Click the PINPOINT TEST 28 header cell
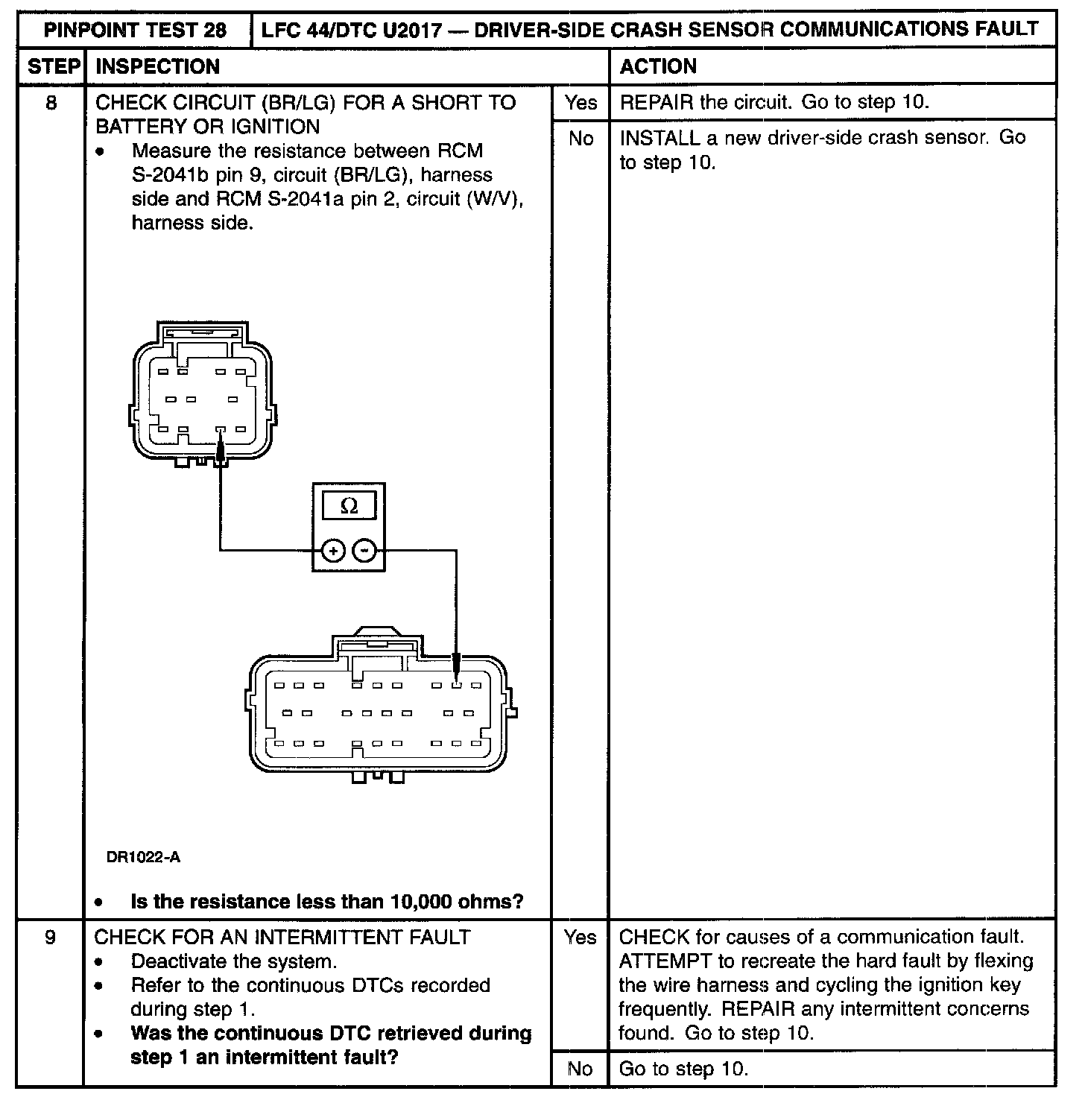point(135,30)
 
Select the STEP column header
point(53,67)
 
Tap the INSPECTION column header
point(158,67)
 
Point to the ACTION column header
point(658,67)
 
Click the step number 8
point(51,102)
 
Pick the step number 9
point(51,937)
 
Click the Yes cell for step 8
point(580,102)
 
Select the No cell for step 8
point(580,139)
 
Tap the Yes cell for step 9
point(580,937)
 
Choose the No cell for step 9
point(580,1069)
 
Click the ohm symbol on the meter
point(348,507)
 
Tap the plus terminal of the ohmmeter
point(332,551)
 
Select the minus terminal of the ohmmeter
point(364,551)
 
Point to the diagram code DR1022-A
point(143,858)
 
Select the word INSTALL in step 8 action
point(659,138)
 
